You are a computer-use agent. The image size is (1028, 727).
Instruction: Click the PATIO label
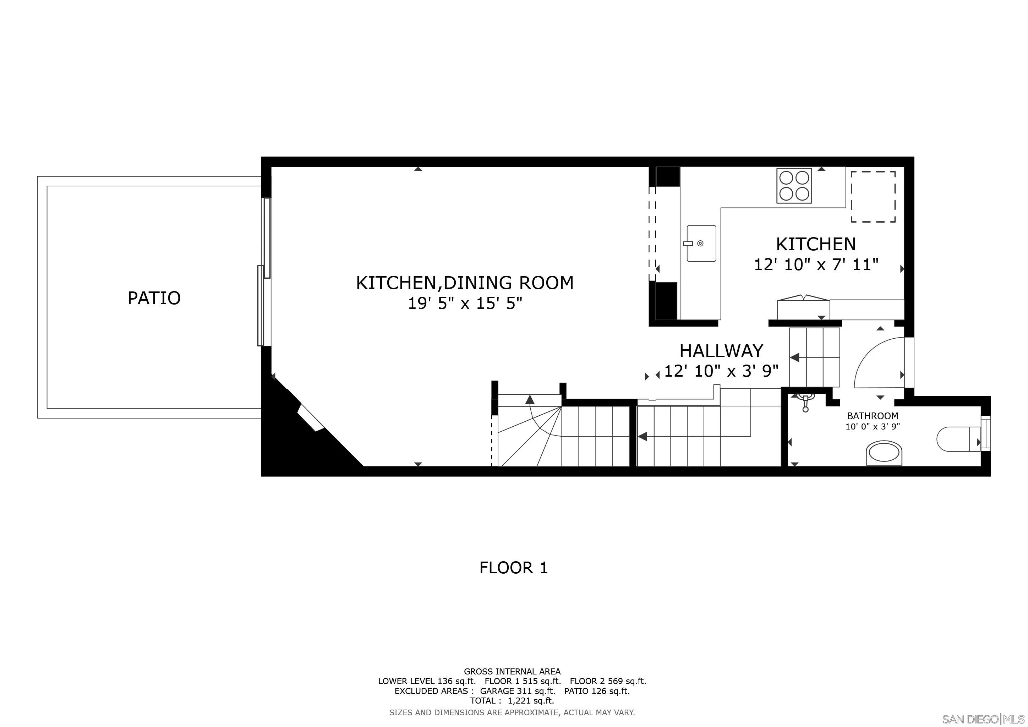[x=154, y=298]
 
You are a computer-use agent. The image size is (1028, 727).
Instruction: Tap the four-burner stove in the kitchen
[x=794, y=186]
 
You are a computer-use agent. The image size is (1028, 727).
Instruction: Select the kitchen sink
[x=701, y=244]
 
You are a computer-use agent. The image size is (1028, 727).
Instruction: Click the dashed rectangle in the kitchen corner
[x=873, y=197]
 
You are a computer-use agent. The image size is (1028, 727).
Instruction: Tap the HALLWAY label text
[x=721, y=351]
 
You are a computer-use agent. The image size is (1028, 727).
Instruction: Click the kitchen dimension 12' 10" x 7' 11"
[x=816, y=264]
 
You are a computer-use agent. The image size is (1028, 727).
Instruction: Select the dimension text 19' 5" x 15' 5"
[x=465, y=304]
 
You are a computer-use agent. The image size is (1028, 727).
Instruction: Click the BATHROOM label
[x=872, y=416]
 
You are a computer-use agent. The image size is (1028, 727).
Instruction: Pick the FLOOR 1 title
[x=514, y=568]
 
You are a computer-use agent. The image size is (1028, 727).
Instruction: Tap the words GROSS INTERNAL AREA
[x=512, y=672]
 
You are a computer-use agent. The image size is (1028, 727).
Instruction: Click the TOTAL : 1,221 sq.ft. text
[x=512, y=701]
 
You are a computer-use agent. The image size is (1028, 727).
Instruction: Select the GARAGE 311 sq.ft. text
[x=517, y=691]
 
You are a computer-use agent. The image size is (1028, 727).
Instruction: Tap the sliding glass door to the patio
[x=264, y=273]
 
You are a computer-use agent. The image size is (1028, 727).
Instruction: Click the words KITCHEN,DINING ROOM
[x=465, y=283]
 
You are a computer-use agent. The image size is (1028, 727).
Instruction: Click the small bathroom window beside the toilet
[x=985, y=434]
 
